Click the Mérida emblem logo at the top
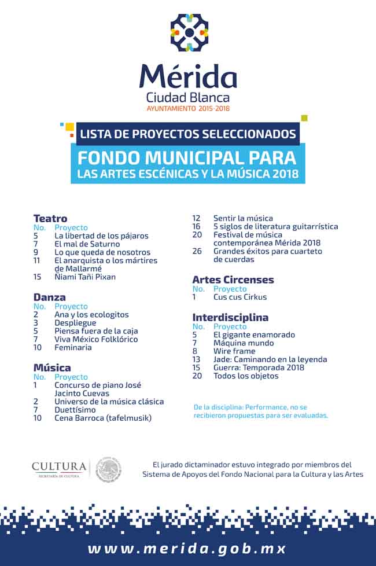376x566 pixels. pyautogui.click(x=189, y=32)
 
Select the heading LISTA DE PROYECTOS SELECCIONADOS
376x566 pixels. pyautogui.click(x=188, y=134)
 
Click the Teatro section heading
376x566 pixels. pyautogui.click(x=50, y=219)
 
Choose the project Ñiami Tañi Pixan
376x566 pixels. pyautogui.click(x=85, y=277)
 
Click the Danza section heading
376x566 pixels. pyautogui.click(x=50, y=297)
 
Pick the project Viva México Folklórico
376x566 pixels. pyautogui.click(x=96, y=339)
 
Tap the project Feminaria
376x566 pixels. pyautogui.click(x=73, y=347)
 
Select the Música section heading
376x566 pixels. pyautogui.click(x=52, y=368)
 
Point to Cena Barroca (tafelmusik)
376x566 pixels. pyautogui.click(x=103, y=417)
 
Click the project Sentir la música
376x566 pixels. pyautogui.click(x=243, y=218)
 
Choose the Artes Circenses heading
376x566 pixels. pyautogui.click(x=233, y=280)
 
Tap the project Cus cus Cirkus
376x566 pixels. pyautogui.click(x=240, y=297)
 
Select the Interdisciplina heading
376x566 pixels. pyautogui.click(x=230, y=318)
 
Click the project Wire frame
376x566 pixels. pyautogui.click(x=234, y=351)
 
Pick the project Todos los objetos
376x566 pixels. pyautogui.click(x=246, y=376)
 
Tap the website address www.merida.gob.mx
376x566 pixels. pyautogui.click(x=187, y=548)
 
